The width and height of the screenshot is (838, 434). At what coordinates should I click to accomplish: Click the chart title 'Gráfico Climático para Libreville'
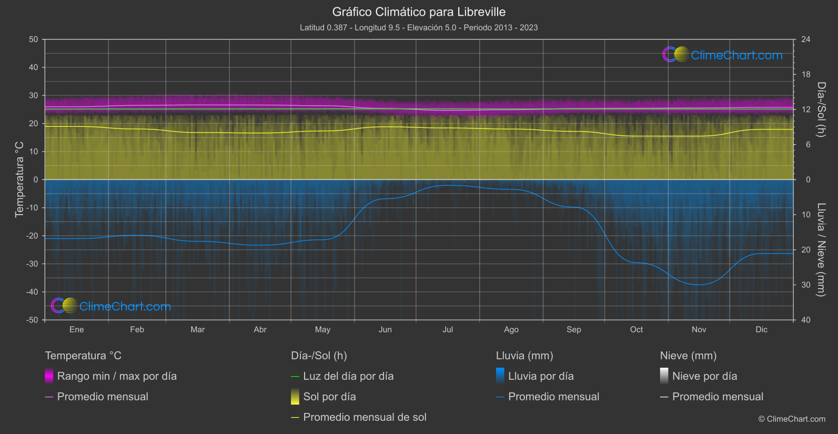[x=419, y=12]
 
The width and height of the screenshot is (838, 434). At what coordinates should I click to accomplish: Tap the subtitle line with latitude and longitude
[x=419, y=27]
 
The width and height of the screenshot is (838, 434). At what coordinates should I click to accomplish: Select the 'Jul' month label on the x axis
[x=448, y=329]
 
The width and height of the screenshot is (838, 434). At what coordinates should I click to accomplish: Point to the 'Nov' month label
[x=699, y=329]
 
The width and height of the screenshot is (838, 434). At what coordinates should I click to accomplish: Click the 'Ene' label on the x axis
[x=77, y=329]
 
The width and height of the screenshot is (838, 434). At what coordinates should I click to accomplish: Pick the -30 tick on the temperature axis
[x=33, y=264]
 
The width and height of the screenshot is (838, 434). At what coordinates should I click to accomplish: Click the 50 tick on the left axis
[x=34, y=39]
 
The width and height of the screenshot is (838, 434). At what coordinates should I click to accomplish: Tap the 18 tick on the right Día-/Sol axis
[x=806, y=75]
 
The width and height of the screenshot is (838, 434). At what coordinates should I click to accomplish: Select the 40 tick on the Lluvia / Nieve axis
[x=806, y=320]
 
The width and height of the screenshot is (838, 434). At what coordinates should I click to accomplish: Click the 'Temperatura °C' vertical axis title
[x=19, y=179]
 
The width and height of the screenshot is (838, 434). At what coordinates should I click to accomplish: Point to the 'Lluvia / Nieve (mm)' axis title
[x=821, y=250]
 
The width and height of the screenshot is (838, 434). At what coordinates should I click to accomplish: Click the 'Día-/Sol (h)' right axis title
[x=821, y=109]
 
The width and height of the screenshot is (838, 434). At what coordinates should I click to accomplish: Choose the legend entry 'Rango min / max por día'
[x=117, y=376]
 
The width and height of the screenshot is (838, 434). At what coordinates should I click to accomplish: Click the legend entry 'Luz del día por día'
[x=348, y=376]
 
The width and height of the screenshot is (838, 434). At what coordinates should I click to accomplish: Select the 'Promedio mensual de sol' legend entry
[x=365, y=417]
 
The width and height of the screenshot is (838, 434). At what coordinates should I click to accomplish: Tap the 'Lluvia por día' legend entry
[x=541, y=376]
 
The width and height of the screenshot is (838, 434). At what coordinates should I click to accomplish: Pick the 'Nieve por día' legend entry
[x=704, y=376]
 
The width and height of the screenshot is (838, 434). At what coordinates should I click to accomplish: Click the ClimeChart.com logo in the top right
[x=723, y=55]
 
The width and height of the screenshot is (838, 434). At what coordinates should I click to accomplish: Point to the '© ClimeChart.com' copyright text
[x=792, y=419]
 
